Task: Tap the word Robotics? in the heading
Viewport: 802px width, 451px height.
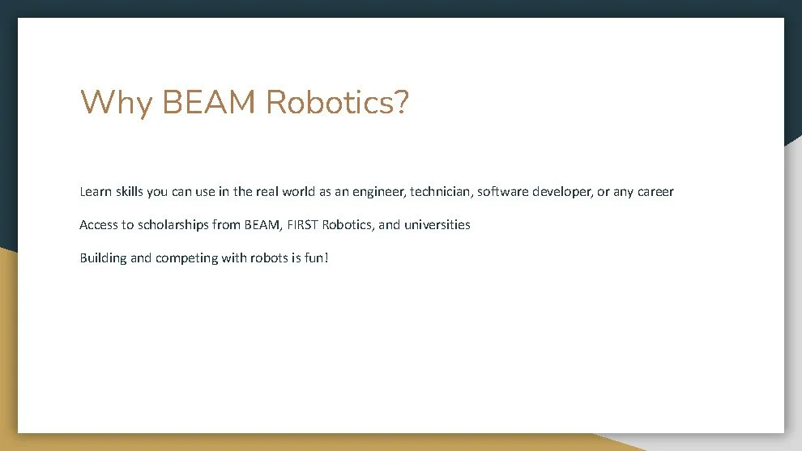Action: [x=337, y=103]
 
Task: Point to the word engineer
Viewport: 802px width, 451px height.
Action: [x=379, y=192]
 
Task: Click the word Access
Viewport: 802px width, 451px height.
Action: [x=99, y=224]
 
